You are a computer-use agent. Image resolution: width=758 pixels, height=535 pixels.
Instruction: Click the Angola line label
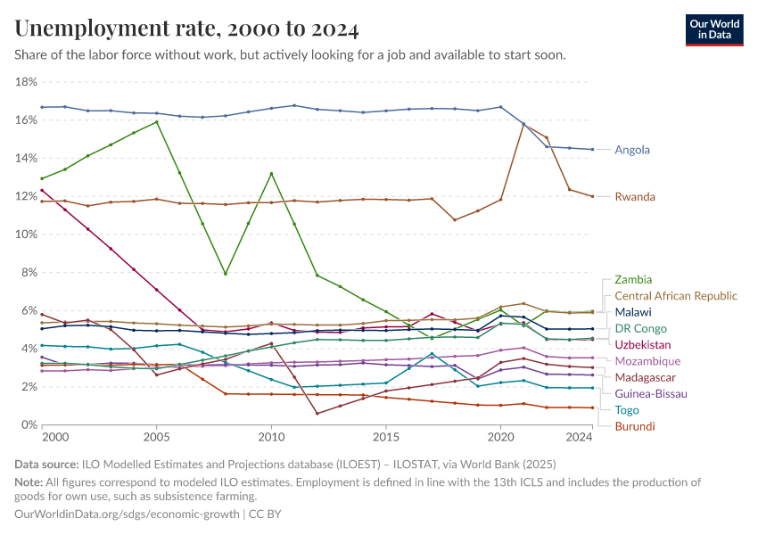[x=632, y=150]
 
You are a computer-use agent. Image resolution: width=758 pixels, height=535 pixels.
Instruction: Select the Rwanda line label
[x=635, y=197]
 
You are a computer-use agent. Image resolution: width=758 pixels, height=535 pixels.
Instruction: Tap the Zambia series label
[x=633, y=280]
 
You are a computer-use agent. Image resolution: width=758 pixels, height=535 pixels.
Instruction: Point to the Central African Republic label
[x=676, y=296]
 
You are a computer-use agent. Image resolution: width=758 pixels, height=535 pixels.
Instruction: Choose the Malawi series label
[x=633, y=312]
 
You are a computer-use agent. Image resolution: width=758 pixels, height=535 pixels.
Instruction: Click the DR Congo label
[x=641, y=328]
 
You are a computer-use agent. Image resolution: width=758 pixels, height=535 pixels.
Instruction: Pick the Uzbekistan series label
[x=643, y=345]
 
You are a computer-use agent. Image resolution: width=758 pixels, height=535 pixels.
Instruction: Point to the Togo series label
[x=628, y=410]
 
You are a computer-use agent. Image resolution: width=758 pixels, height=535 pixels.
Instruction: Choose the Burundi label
[x=635, y=426]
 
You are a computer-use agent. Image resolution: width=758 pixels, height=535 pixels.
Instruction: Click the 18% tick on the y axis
[x=26, y=82]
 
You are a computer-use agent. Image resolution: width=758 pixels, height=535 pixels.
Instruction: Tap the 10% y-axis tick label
[x=26, y=235]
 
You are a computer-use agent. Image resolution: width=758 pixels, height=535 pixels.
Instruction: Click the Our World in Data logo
[x=713, y=29]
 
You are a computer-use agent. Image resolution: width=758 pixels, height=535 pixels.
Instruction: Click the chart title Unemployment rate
[x=186, y=29]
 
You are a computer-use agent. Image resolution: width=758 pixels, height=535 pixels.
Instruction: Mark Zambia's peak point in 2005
[x=157, y=121]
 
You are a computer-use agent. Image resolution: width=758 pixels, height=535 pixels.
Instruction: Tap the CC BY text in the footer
[x=266, y=514]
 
